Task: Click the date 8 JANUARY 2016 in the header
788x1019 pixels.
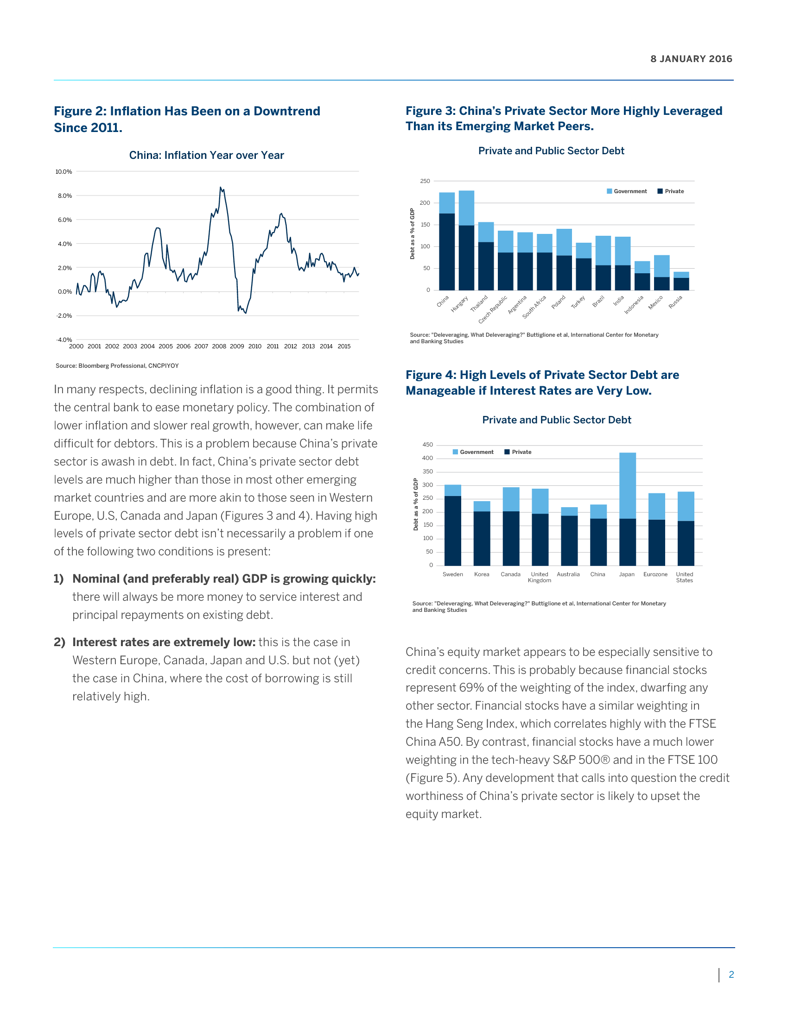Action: pos(691,59)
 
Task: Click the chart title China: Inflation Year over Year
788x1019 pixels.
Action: pos(206,155)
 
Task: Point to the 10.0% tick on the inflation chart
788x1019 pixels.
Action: pos(64,172)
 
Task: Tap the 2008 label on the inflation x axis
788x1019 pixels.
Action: pos(219,346)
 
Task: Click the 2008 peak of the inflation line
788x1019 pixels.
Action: pos(221,188)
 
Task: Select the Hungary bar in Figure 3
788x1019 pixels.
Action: pos(466,240)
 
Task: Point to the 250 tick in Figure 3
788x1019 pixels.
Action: pos(425,181)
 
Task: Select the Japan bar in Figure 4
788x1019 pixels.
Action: pos(628,509)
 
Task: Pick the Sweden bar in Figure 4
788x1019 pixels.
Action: pos(453,525)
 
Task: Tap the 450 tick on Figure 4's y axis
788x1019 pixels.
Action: pos(427,445)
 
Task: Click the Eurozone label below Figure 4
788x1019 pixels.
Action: pos(655,574)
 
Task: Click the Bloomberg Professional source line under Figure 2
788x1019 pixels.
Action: pos(117,366)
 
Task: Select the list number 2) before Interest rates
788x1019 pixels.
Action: pos(59,642)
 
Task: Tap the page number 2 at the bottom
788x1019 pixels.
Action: pos(731,975)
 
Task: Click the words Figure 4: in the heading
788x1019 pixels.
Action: pos(431,375)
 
